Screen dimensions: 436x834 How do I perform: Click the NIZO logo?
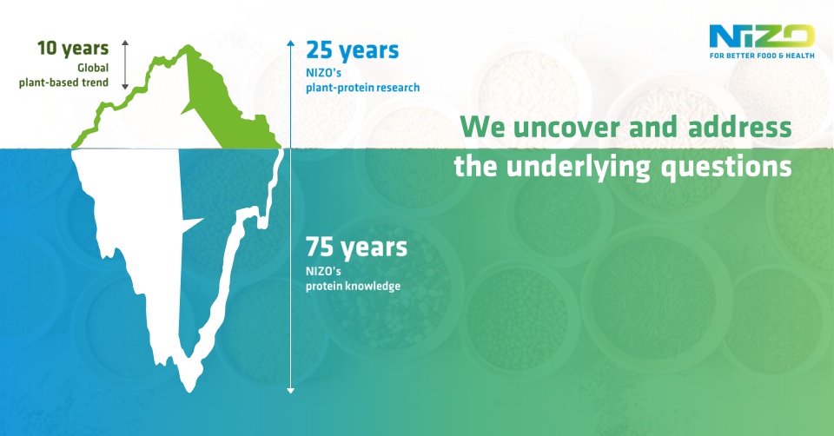click(x=762, y=36)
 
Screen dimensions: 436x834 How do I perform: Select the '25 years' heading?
click(x=352, y=50)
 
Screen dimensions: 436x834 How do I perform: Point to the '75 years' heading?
click(x=356, y=248)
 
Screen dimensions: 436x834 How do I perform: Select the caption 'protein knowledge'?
click(x=353, y=286)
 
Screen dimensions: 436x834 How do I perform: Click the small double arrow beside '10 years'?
click(x=125, y=63)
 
